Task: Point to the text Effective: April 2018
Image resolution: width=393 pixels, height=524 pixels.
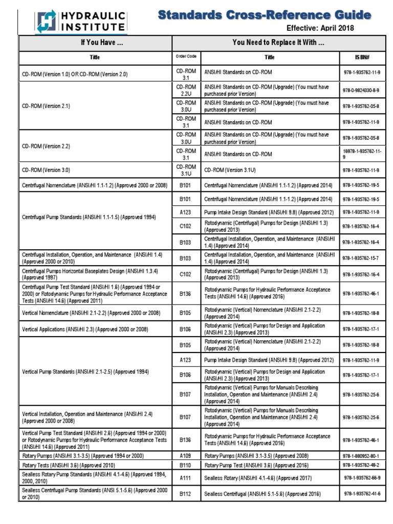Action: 320,28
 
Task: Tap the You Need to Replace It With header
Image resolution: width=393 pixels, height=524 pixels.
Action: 278,43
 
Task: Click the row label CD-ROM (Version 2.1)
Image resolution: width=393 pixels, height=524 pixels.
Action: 46,106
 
